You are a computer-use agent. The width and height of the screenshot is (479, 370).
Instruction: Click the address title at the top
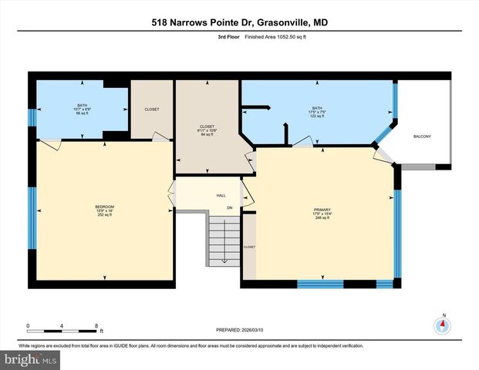point(239,24)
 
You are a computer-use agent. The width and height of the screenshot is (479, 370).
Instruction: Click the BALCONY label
point(422,136)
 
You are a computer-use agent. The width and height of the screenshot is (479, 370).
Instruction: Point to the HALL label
point(220,196)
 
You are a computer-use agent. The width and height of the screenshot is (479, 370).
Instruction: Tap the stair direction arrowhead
point(224,261)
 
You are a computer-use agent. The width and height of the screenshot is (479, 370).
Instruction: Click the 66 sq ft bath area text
point(83,114)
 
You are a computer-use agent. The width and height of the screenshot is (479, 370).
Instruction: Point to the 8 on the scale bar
point(96,325)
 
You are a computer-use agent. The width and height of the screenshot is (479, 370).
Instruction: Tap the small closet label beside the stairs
point(249,247)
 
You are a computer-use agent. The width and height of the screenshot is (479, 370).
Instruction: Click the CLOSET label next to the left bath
point(152,109)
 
